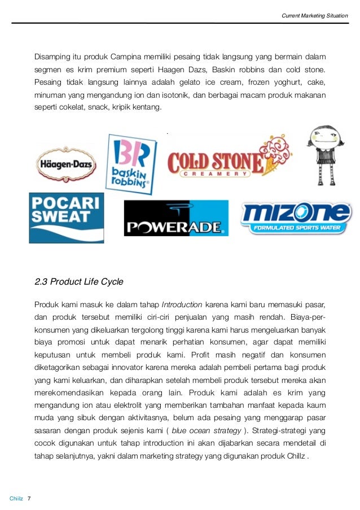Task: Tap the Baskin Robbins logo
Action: tap(132, 164)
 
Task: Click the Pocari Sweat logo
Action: tap(67, 217)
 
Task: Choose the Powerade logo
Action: tap(176, 219)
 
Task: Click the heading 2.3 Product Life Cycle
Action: tap(79, 282)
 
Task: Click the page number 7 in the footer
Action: tap(29, 498)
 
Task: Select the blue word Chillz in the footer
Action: tap(16, 498)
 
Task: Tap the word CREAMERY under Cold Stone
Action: tap(214, 175)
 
